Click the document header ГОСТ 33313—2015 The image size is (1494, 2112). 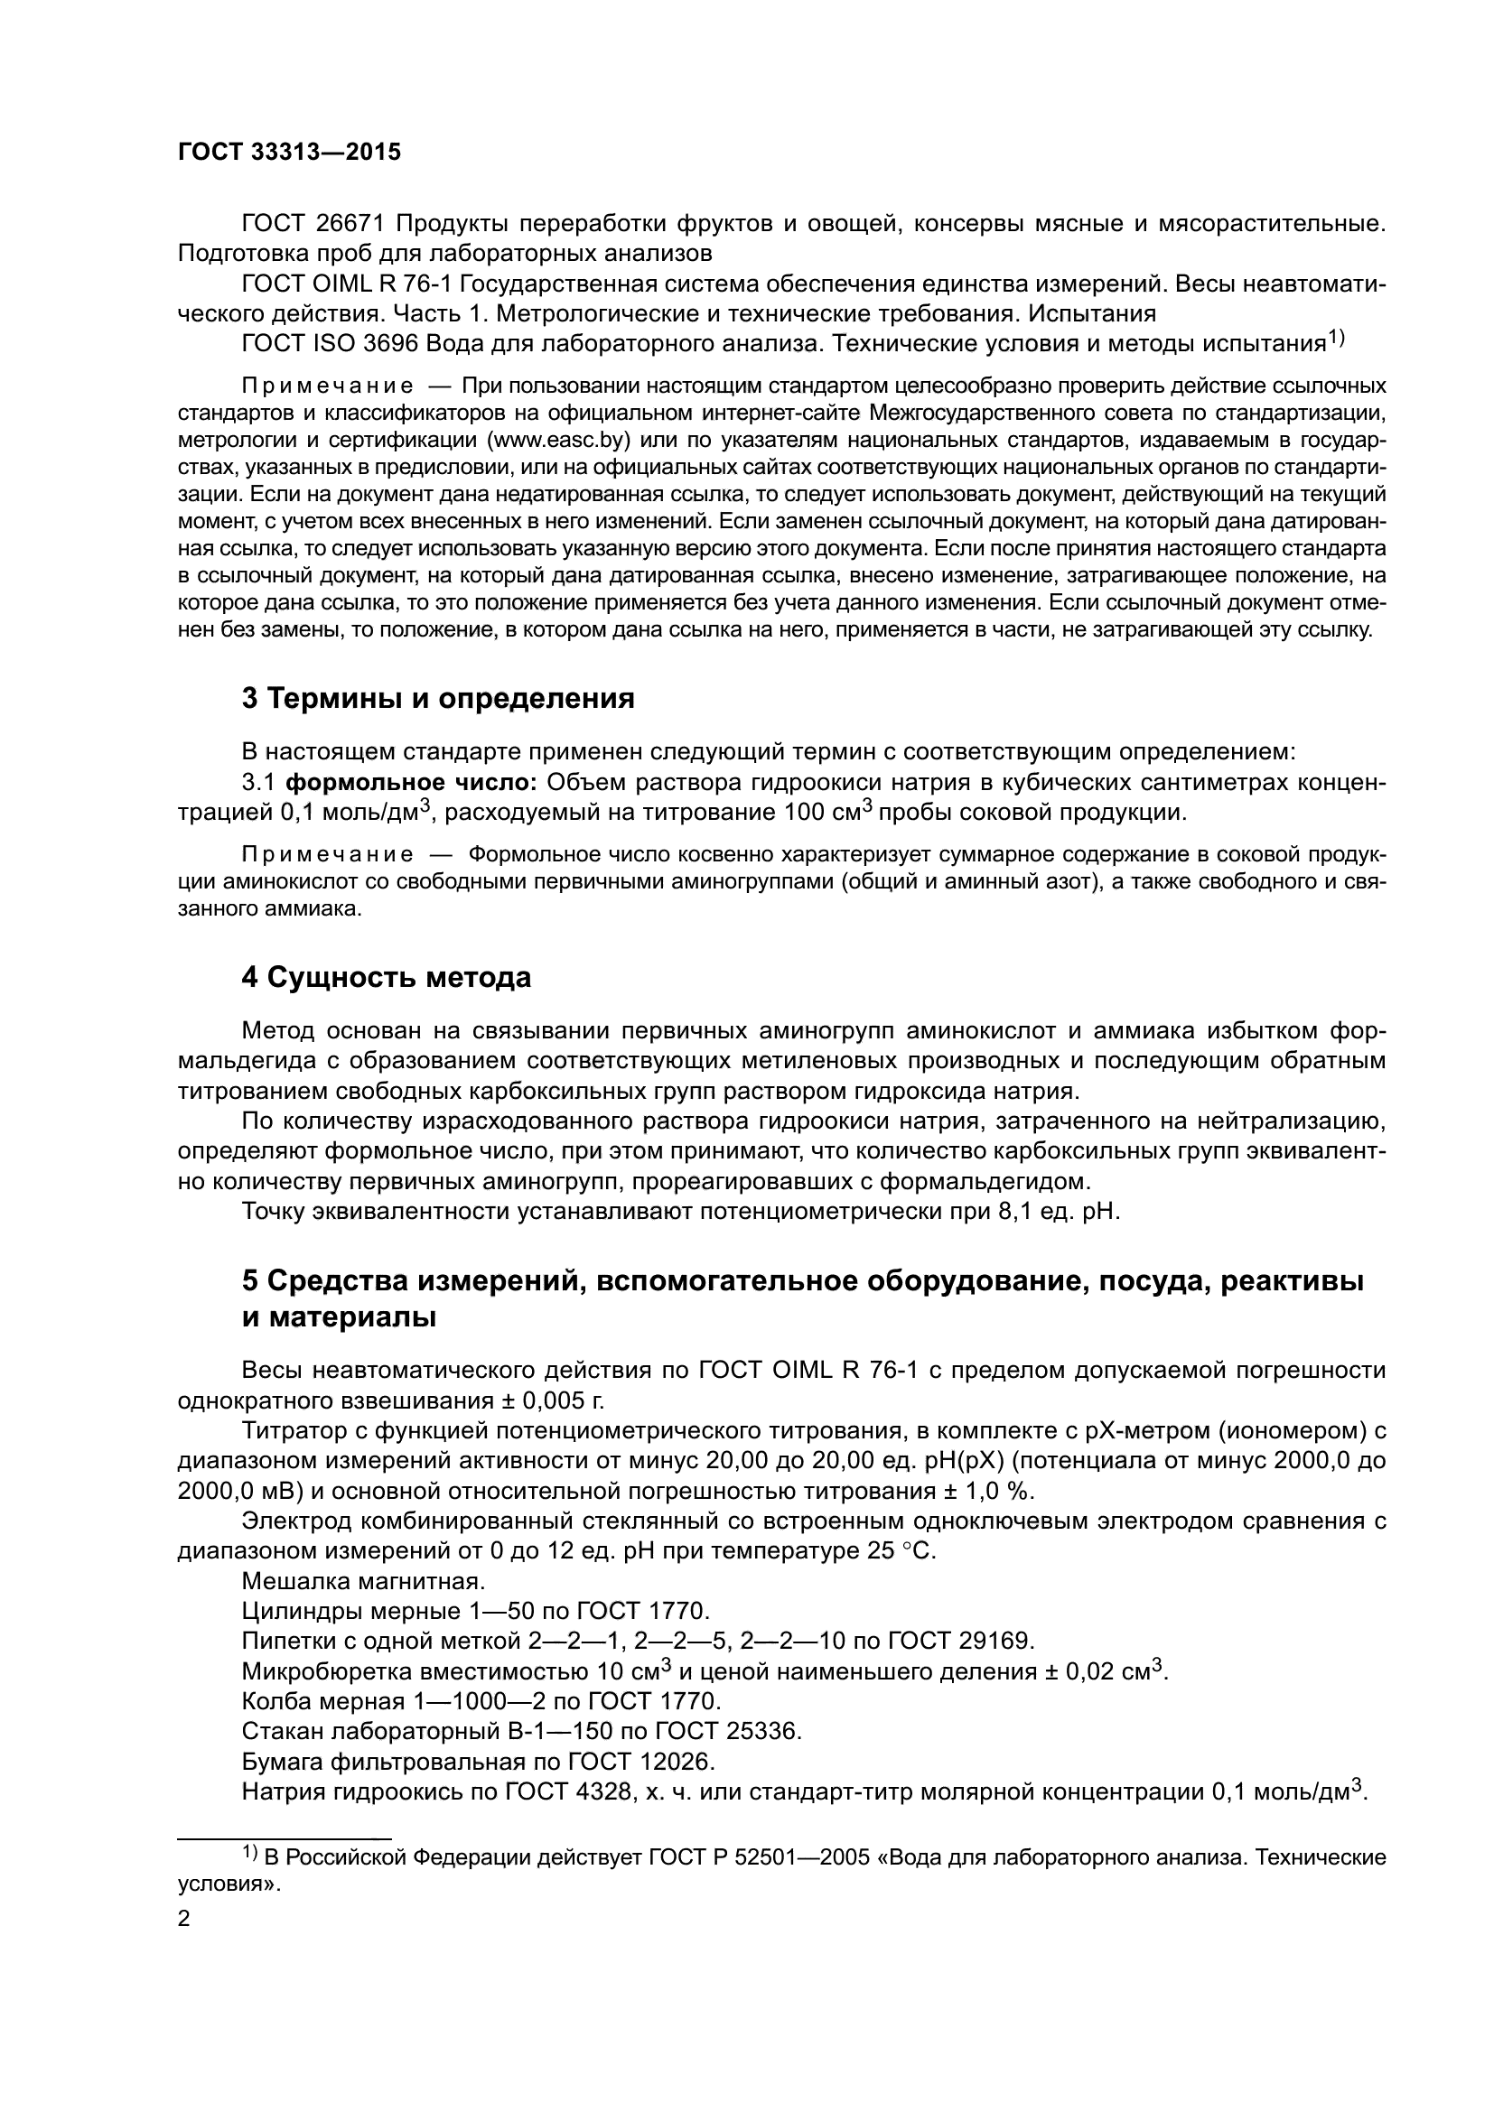289,153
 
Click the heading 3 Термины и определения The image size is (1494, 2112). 438,698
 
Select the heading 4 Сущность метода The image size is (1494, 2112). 387,978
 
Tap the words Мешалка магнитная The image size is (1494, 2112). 361,1581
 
